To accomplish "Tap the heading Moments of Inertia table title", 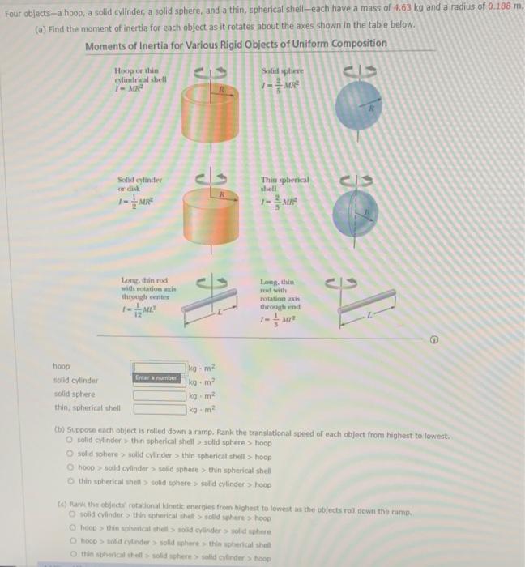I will tap(236, 44).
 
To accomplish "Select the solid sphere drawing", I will tap(356, 113).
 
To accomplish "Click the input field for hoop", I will tap(160, 368).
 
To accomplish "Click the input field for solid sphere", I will tap(160, 395).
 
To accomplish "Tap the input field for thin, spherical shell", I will tap(160, 409).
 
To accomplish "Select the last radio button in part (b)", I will tap(71, 484).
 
